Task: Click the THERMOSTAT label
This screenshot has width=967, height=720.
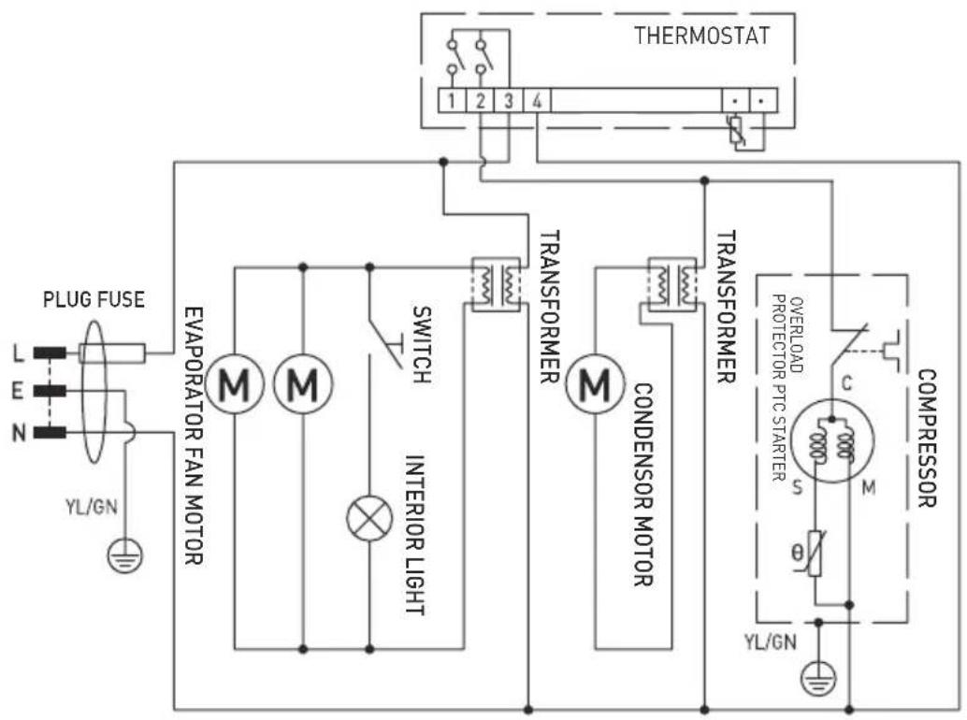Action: coord(702,37)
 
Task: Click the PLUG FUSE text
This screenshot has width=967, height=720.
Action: coord(94,302)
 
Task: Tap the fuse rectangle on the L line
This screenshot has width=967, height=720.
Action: coord(111,353)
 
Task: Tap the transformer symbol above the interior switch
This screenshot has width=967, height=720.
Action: coord(494,282)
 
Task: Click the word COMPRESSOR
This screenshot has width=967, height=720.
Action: coord(928,439)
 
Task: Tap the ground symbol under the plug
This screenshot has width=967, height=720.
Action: coord(122,557)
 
